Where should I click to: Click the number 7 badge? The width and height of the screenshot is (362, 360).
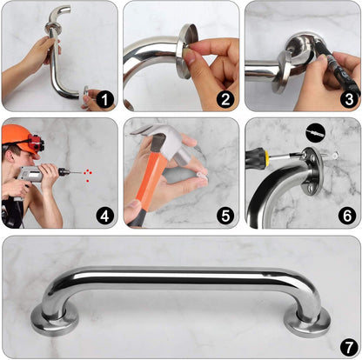click(345, 344)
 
